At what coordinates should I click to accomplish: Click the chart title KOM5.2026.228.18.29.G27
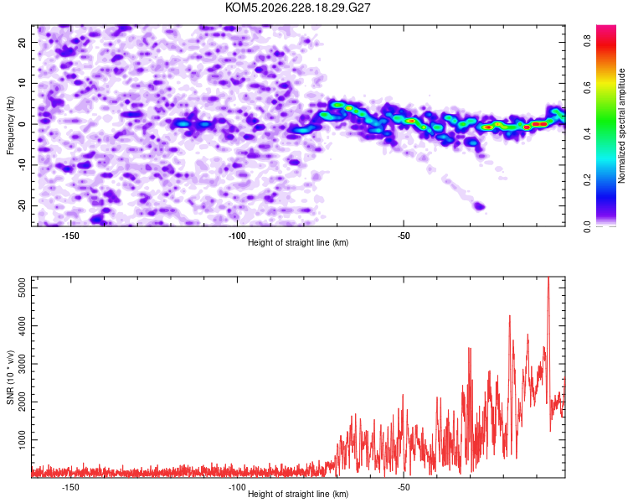pyautogui.click(x=297, y=8)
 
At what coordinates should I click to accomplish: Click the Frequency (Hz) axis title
pyautogui.click(x=10, y=126)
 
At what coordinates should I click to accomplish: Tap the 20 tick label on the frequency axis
pyautogui.click(x=23, y=42)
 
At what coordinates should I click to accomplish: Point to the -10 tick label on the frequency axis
pyautogui.click(x=23, y=164)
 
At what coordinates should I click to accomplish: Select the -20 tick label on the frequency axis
pyautogui.click(x=23, y=205)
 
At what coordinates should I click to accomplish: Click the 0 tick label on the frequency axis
pyautogui.click(x=23, y=124)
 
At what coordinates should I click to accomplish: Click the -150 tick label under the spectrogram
pyautogui.click(x=70, y=236)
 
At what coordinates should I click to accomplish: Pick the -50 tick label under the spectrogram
pyautogui.click(x=404, y=236)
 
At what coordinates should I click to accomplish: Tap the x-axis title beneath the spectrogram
pyautogui.click(x=298, y=242)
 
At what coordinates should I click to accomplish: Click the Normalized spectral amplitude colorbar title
pyautogui.click(x=621, y=126)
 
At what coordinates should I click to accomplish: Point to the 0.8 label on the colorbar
pyautogui.click(x=587, y=40)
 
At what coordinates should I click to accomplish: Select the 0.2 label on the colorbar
pyautogui.click(x=587, y=179)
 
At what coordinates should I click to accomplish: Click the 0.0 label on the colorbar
pyautogui.click(x=587, y=226)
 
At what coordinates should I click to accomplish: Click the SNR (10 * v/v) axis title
pyautogui.click(x=10, y=377)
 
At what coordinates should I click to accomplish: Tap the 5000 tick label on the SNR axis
pyautogui.click(x=23, y=288)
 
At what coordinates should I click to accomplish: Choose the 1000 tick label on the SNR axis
pyautogui.click(x=23, y=439)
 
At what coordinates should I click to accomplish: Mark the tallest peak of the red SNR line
pyautogui.click(x=548, y=277)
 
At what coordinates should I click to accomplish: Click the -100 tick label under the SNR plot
pyautogui.click(x=237, y=487)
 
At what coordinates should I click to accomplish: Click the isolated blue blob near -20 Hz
pyautogui.click(x=479, y=206)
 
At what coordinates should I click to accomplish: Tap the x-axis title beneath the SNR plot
pyautogui.click(x=298, y=494)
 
